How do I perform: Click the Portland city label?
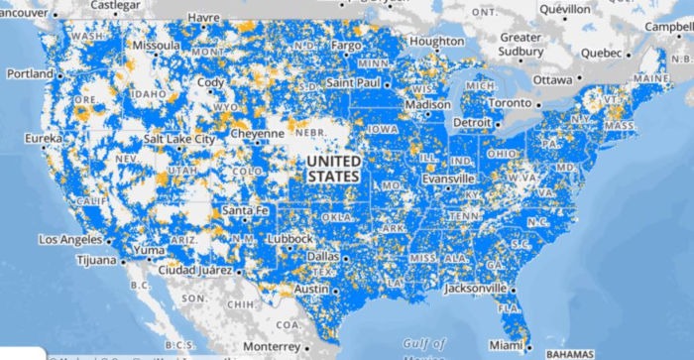tap(31, 74)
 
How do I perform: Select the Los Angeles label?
tap(70, 240)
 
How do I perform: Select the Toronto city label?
tap(511, 102)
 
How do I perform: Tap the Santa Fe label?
tap(245, 210)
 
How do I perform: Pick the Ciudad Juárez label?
tap(194, 271)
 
